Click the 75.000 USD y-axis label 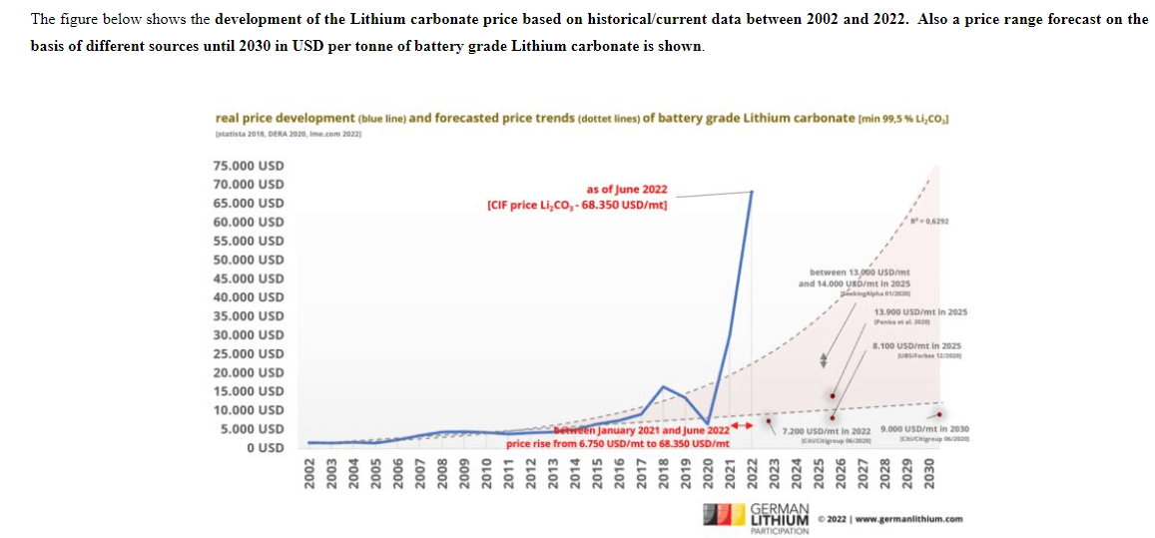pyautogui.click(x=249, y=166)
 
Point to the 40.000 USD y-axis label pyautogui.click(x=249, y=297)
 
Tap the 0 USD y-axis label pyautogui.click(x=264, y=447)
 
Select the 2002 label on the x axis pyautogui.click(x=310, y=473)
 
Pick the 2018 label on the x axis pyautogui.click(x=663, y=473)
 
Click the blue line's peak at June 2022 pyautogui.click(x=752, y=192)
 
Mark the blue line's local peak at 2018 pyautogui.click(x=663, y=385)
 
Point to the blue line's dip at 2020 pyautogui.click(x=707, y=423)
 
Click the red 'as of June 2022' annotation pyautogui.click(x=627, y=189)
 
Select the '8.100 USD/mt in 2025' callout pyautogui.click(x=916, y=345)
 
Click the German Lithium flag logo pyautogui.click(x=722, y=516)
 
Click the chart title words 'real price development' pyautogui.click(x=285, y=118)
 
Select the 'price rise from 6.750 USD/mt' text pyautogui.click(x=617, y=443)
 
